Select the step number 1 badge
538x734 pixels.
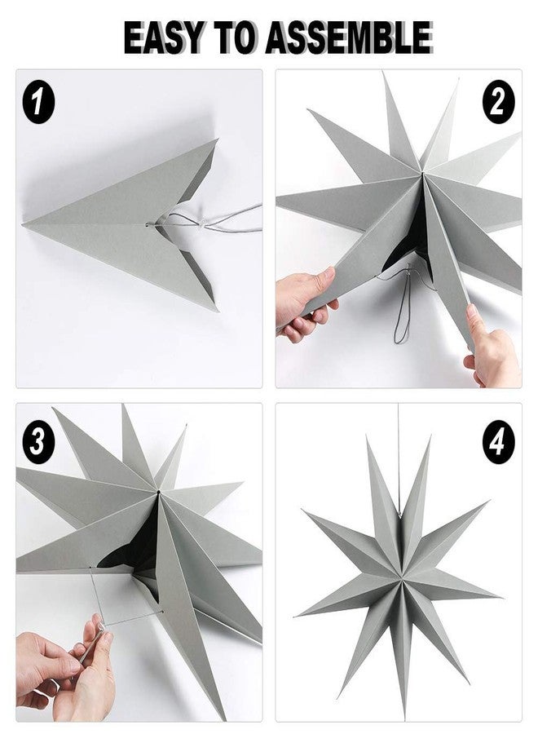tap(37, 104)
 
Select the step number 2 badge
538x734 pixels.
tap(498, 104)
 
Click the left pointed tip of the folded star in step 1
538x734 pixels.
tap(27, 223)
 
